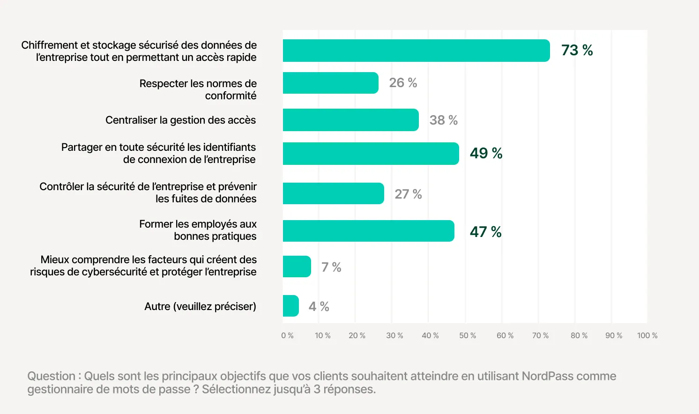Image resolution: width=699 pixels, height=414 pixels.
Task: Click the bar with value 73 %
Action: click(x=416, y=51)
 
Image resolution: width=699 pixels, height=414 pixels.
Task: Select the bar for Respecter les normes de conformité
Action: click(x=330, y=83)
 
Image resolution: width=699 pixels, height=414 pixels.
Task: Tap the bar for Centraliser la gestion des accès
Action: click(x=350, y=120)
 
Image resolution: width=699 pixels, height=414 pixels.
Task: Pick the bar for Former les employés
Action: click(x=368, y=231)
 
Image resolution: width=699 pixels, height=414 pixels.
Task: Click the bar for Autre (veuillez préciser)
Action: click(x=290, y=306)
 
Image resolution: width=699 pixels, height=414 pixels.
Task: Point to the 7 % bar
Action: click(x=297, y=266)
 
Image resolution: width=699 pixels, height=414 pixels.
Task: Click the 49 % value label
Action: click(x=486, y=153)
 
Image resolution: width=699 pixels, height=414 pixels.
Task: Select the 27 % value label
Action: click(x=408, y=194)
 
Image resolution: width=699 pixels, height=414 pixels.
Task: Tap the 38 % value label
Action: click(x=443, y=120)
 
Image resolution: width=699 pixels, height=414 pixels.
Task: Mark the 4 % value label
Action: click(x=319, y=307)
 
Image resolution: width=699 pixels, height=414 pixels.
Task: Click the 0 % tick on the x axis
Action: click(x=287, y=336)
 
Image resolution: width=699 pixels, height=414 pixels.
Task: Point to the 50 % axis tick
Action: click(x=467, y=336)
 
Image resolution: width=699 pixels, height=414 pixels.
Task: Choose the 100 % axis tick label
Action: click(x=647, y=336)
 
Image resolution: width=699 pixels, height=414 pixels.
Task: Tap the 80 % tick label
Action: click(x=579, y=336)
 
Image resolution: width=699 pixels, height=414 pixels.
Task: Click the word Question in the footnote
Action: click(x=51, y=376)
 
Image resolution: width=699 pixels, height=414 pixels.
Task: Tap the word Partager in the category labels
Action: click(x=82, y=148)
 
